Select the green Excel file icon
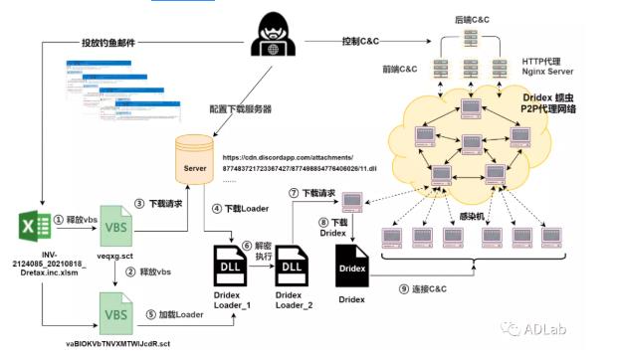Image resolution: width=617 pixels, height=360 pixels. point(35,231)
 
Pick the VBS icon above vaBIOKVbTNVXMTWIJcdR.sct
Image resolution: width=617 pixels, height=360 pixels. point(117,313)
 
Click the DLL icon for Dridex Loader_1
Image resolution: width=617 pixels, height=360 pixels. point(230,267)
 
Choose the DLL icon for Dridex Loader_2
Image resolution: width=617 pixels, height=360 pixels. point(291,267)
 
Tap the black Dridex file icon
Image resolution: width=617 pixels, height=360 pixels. point(351,267)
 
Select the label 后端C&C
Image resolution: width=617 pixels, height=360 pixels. point(474,19)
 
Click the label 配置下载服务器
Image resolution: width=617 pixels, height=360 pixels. point(238,107)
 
